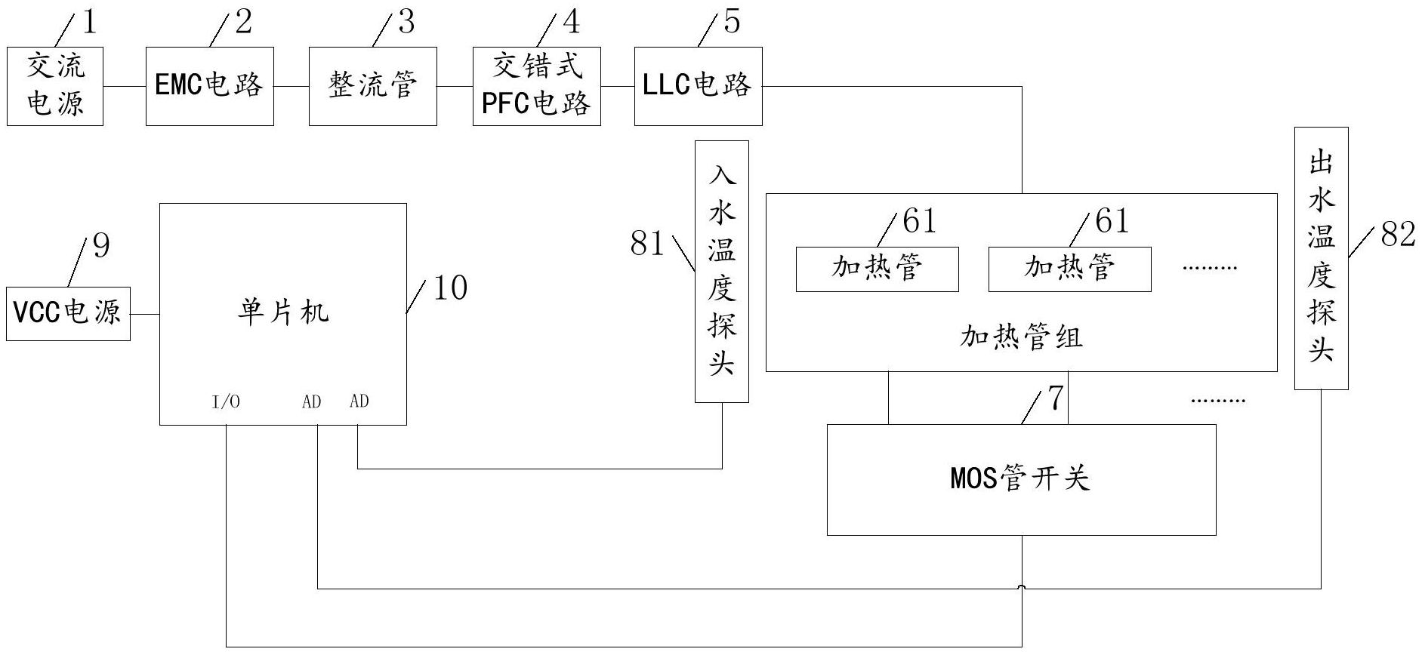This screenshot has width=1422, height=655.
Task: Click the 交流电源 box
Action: (x=54, y=86)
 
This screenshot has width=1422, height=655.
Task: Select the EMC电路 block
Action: (x=209, y=86)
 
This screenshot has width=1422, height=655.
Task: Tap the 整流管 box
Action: (x=372, y=86)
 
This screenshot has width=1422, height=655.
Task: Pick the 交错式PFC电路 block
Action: (x=536, y=86)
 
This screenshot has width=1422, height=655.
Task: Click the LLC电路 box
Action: (x=698, y=86)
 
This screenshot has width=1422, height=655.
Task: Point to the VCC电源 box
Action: (x=68, y=313)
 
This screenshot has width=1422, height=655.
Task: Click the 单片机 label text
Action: (x=283, y=312)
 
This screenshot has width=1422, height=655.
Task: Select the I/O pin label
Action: (x=226, y=402)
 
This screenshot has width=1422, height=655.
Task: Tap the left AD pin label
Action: (x=311, y=402)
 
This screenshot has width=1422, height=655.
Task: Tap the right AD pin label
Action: (x=359, y=401)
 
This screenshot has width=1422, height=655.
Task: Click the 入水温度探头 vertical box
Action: (x=722, y=272)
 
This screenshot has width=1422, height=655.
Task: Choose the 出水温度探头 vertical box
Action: (x=1321, y=258)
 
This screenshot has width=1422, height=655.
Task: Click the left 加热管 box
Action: (x=877, y=269)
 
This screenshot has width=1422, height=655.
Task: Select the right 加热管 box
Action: (x=1069, y=269)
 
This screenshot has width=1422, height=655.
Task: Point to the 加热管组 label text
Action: (x=1021, y=337)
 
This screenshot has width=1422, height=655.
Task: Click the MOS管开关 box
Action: (x=1021, y=480)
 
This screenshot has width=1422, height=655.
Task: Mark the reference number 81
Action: (x=647, y=244)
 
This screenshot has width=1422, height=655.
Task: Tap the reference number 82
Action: (x=1397, y=235)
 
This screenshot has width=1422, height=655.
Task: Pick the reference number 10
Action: (x=450, y=288)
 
